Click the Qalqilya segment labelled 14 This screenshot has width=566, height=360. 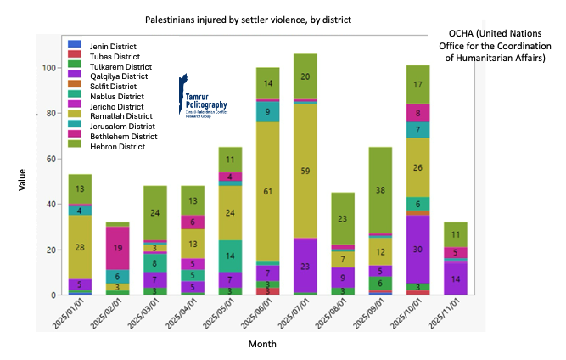tap(454, 278)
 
